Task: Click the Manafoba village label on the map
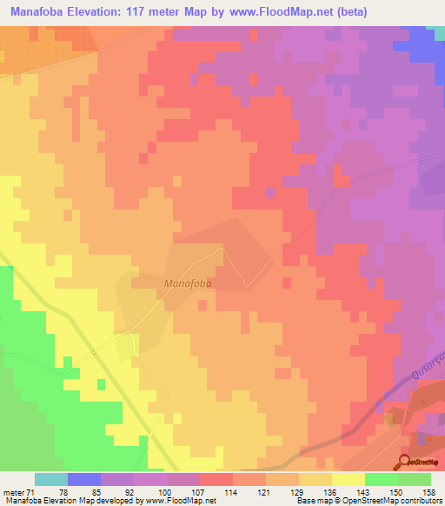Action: tap(189, 283)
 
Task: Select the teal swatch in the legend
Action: tap(51, 479)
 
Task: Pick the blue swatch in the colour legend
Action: tap(84, 479)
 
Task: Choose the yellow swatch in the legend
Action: tap(348, 479)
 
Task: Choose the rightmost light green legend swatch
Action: tap(414, 479)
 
